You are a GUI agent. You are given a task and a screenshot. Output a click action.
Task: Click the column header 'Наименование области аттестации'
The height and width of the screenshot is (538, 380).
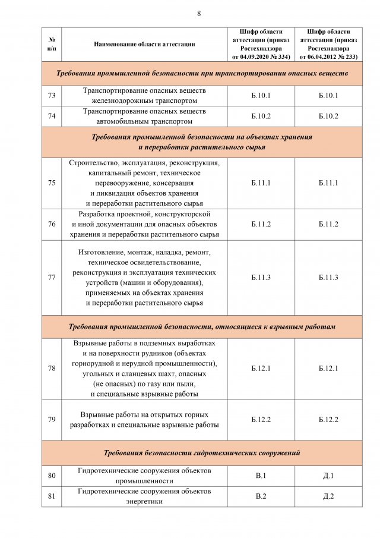point(144,44)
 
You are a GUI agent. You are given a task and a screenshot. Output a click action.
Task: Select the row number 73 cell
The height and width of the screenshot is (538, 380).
point(52,96)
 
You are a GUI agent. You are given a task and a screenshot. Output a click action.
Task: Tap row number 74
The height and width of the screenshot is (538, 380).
point(52,116)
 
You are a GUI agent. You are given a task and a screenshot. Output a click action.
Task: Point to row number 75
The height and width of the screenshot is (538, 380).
point(52,183)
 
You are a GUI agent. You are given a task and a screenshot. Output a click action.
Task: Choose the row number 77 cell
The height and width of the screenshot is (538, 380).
point(52,278)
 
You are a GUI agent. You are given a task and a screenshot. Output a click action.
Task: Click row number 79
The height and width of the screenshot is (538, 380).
point(52,419)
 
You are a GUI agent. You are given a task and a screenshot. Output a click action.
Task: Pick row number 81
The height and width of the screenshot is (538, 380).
point(52,496)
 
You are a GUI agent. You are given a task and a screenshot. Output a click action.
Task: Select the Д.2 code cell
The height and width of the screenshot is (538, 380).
point(328,496)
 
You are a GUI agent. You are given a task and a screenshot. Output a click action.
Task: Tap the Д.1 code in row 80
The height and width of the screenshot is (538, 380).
point(328,476)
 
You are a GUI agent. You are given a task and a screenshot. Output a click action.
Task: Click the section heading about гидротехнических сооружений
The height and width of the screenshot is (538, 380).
point(202,453)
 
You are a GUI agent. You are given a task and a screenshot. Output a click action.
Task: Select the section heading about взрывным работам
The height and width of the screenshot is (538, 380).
point(202,326)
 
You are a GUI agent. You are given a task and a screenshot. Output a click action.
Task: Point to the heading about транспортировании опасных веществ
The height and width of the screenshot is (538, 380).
point(202,74)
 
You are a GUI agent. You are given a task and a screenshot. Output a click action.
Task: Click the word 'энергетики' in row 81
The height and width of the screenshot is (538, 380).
point(145,501)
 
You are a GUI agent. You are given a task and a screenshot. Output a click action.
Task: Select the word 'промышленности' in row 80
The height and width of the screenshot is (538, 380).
point(144,481)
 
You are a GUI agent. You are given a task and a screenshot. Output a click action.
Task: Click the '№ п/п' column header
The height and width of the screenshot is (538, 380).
point(52,44)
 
